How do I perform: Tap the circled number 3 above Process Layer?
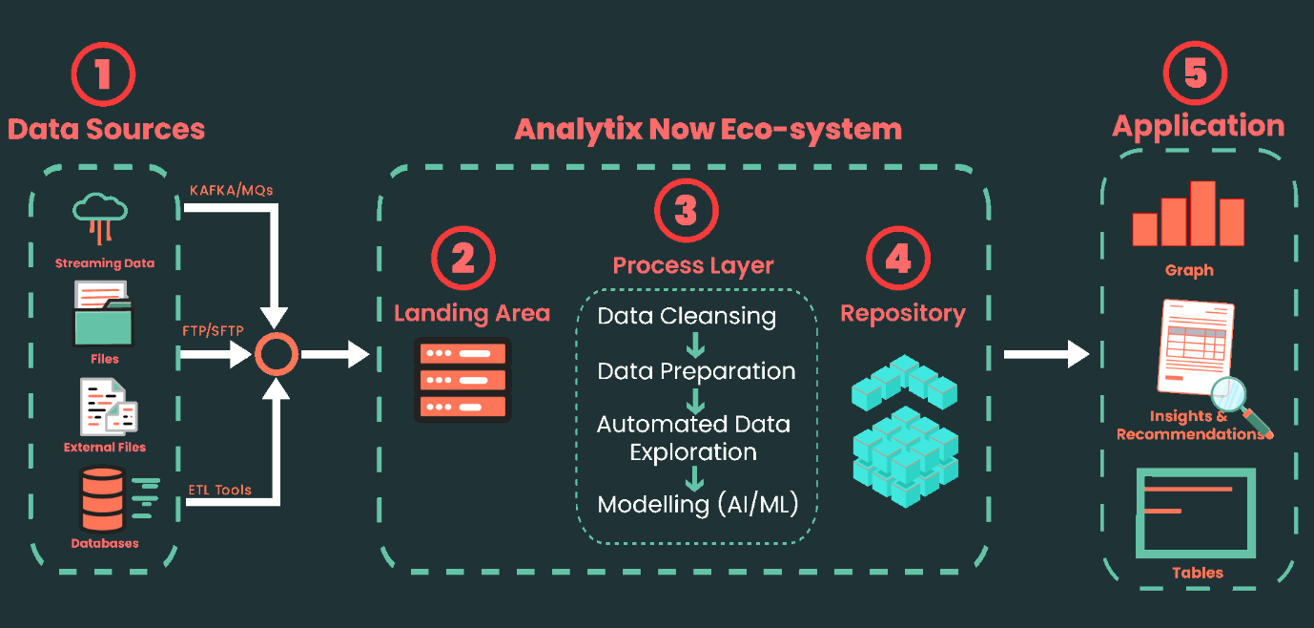point(686,211)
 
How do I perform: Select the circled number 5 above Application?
point(1195,73)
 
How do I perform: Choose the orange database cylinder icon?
point(103,499)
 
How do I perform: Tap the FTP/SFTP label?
point(213,330)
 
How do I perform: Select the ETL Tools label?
point(219,490)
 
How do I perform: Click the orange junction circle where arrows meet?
point(277,355)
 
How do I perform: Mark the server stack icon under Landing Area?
point(463,379)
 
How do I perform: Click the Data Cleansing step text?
point(687,316)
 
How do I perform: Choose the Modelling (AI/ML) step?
point(697,504)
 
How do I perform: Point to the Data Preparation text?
point(696,370)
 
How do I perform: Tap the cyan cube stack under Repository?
point(904,429)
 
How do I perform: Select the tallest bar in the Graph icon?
point(1203,213)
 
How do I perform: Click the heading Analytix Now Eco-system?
point(708,129)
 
